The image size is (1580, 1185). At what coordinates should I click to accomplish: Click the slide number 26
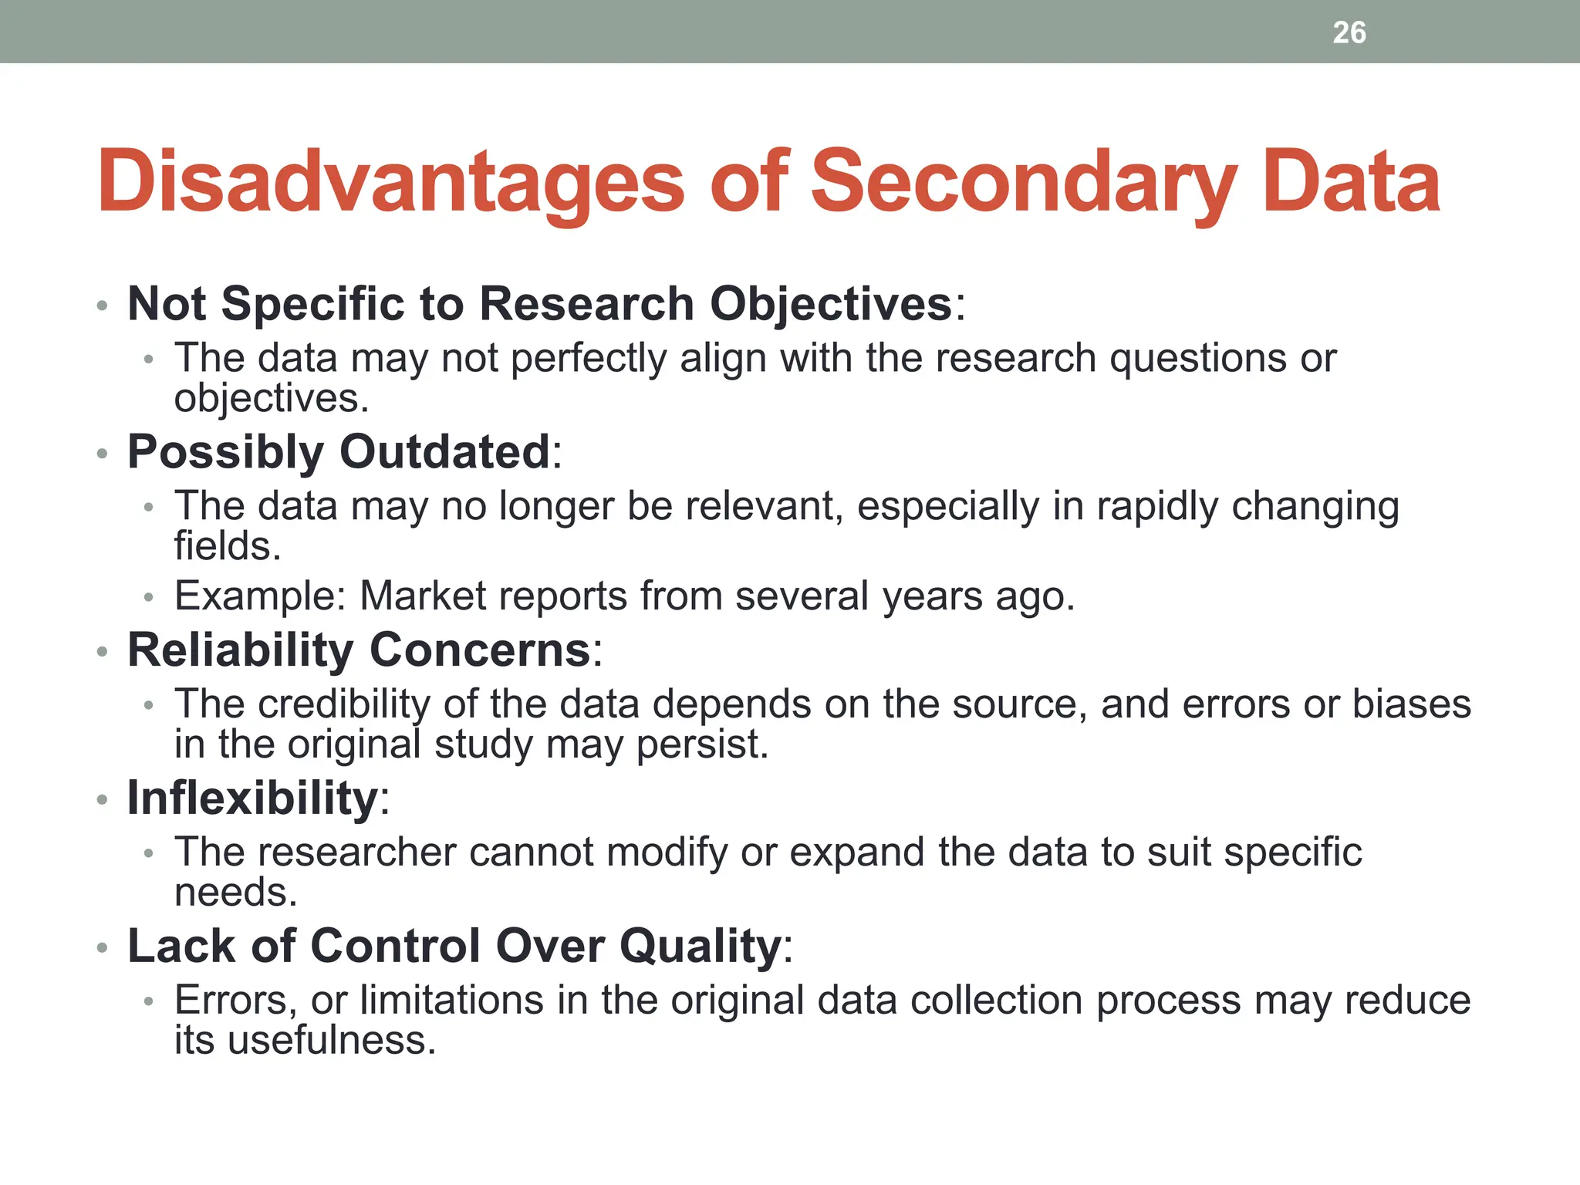pyautogui.click(x=1349, y=32)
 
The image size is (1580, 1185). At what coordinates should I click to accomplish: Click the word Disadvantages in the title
pyautogui.click(x=390, y=182)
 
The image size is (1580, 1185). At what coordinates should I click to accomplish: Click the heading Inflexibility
pyautogui.click(x=254, y=798)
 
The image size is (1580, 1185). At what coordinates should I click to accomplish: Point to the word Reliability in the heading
pyautogui.click(x=240, y=650)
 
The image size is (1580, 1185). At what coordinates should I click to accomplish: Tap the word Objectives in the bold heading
pyautogui.click(x=831, y=304)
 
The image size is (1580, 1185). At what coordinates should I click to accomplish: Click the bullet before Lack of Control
pyautogui.click(x=102, y=948)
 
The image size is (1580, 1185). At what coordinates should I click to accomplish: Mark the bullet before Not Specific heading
pyautogui.click(x=102, y=306)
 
